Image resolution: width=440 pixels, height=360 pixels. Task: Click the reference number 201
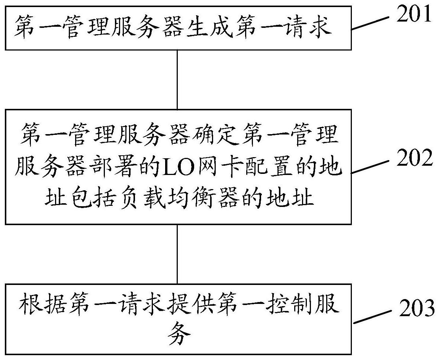[414, 14]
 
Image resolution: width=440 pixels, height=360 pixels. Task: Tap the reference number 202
[414, 158]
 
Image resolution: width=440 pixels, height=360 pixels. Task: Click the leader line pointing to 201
[370, 23]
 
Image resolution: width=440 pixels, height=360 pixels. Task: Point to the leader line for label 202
[370, 167]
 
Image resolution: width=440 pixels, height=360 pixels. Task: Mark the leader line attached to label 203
[372, 317]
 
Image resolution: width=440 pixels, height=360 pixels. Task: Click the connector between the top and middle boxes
[177, 80]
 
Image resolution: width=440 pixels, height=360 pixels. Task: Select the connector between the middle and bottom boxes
[177, 254]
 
